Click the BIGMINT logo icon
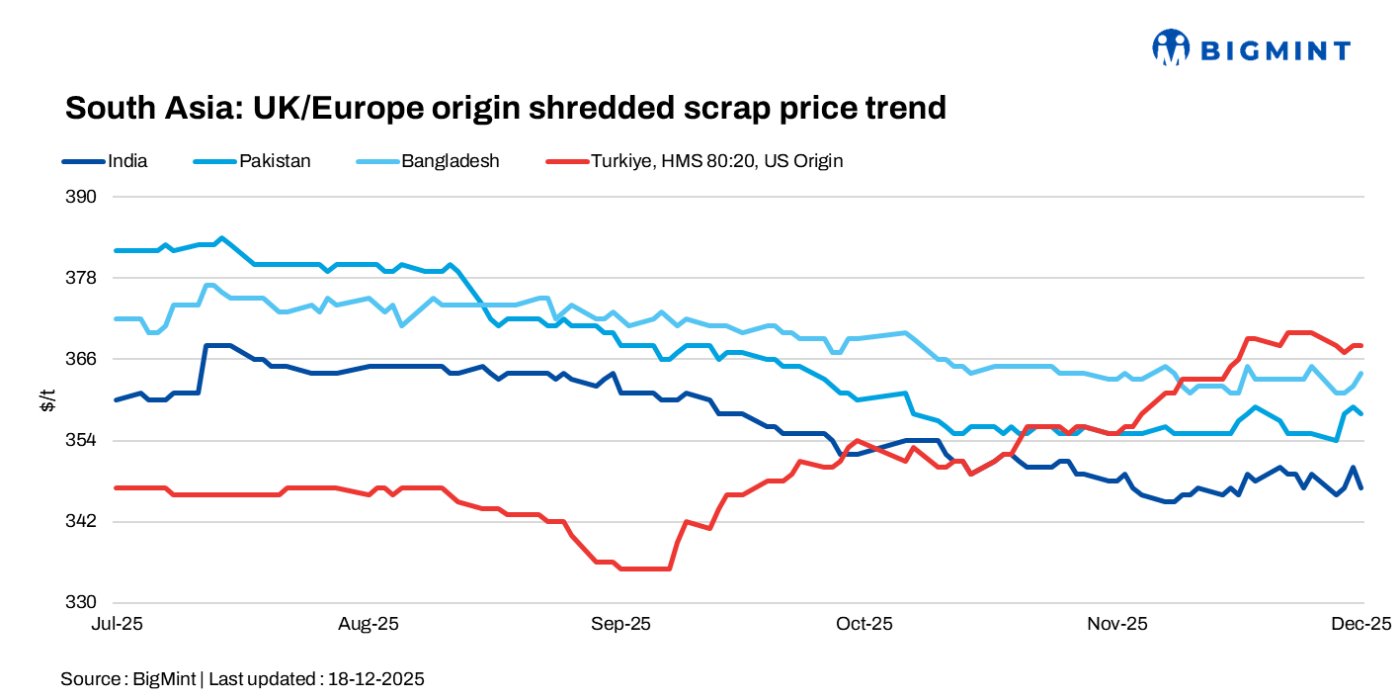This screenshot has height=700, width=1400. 1171,46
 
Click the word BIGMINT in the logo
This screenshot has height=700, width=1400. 1275,49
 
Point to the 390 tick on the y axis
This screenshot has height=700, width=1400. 83,196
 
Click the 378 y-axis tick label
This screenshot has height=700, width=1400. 83,277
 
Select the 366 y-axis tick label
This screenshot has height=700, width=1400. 83,358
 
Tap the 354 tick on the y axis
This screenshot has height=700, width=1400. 83,440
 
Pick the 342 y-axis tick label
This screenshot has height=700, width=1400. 83,521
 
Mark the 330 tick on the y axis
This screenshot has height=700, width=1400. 83,602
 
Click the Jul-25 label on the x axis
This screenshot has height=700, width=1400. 117,624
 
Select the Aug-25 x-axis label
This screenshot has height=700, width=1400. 369,624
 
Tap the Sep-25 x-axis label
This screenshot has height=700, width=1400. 621,624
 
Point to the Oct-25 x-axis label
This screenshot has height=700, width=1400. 865,624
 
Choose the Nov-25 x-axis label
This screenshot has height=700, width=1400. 1117,624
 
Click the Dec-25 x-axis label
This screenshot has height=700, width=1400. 1361,624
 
